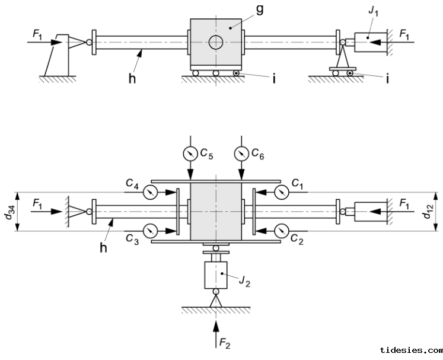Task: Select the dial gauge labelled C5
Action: point(189,153)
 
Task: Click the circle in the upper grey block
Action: point(215,42)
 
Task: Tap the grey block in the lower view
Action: point(215,211)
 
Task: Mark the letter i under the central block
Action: point(274,79)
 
